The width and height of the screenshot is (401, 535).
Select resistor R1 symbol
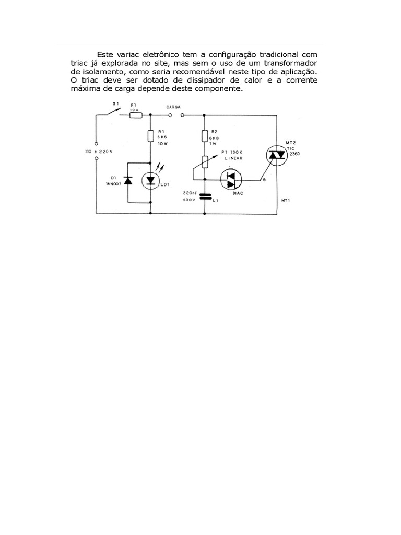151,136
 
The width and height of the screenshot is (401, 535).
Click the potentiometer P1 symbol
205,160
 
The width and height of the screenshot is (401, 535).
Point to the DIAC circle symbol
231,180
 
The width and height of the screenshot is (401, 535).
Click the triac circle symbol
276,155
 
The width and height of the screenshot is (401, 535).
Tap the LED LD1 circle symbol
151,180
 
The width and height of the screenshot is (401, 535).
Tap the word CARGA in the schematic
173,107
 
